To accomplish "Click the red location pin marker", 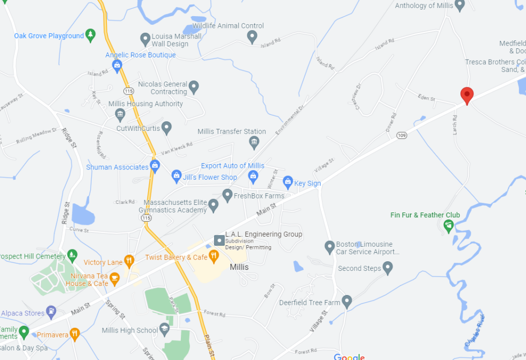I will click(x=467, y=95).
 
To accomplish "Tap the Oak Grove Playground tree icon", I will click(x=90, y=35).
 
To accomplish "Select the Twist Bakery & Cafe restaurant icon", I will click(x=214, y=257).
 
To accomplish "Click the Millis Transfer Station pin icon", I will click(x=254, y=142).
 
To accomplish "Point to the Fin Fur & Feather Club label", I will click(x=425, y=215).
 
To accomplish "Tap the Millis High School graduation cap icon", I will click(x=165, y=329).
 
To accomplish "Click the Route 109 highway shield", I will click(x=402, y=135).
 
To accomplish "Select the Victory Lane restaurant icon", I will click(x=129, y=262).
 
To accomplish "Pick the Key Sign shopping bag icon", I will click(x=288, y=183).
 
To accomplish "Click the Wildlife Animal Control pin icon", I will click(x=252, y=36).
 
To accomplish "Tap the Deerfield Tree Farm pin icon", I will click(x=347, y=302).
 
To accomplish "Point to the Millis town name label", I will click(x=239, y=267).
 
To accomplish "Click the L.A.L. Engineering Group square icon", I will click(x=218, y=240).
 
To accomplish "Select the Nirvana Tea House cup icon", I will click(x=114, y=279).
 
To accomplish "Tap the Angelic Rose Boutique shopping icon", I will click(x=117, y=65).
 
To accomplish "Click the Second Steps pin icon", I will click(x=388, y=268).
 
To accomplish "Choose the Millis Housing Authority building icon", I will click(x=120, y=114).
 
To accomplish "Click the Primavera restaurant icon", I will click(x=75, y=334).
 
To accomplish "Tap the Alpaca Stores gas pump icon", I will click(x=51, y=311).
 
